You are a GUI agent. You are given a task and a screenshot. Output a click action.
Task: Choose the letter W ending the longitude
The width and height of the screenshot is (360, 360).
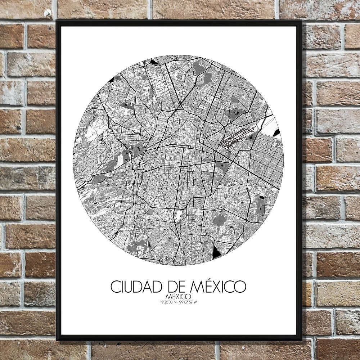[197, 301]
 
